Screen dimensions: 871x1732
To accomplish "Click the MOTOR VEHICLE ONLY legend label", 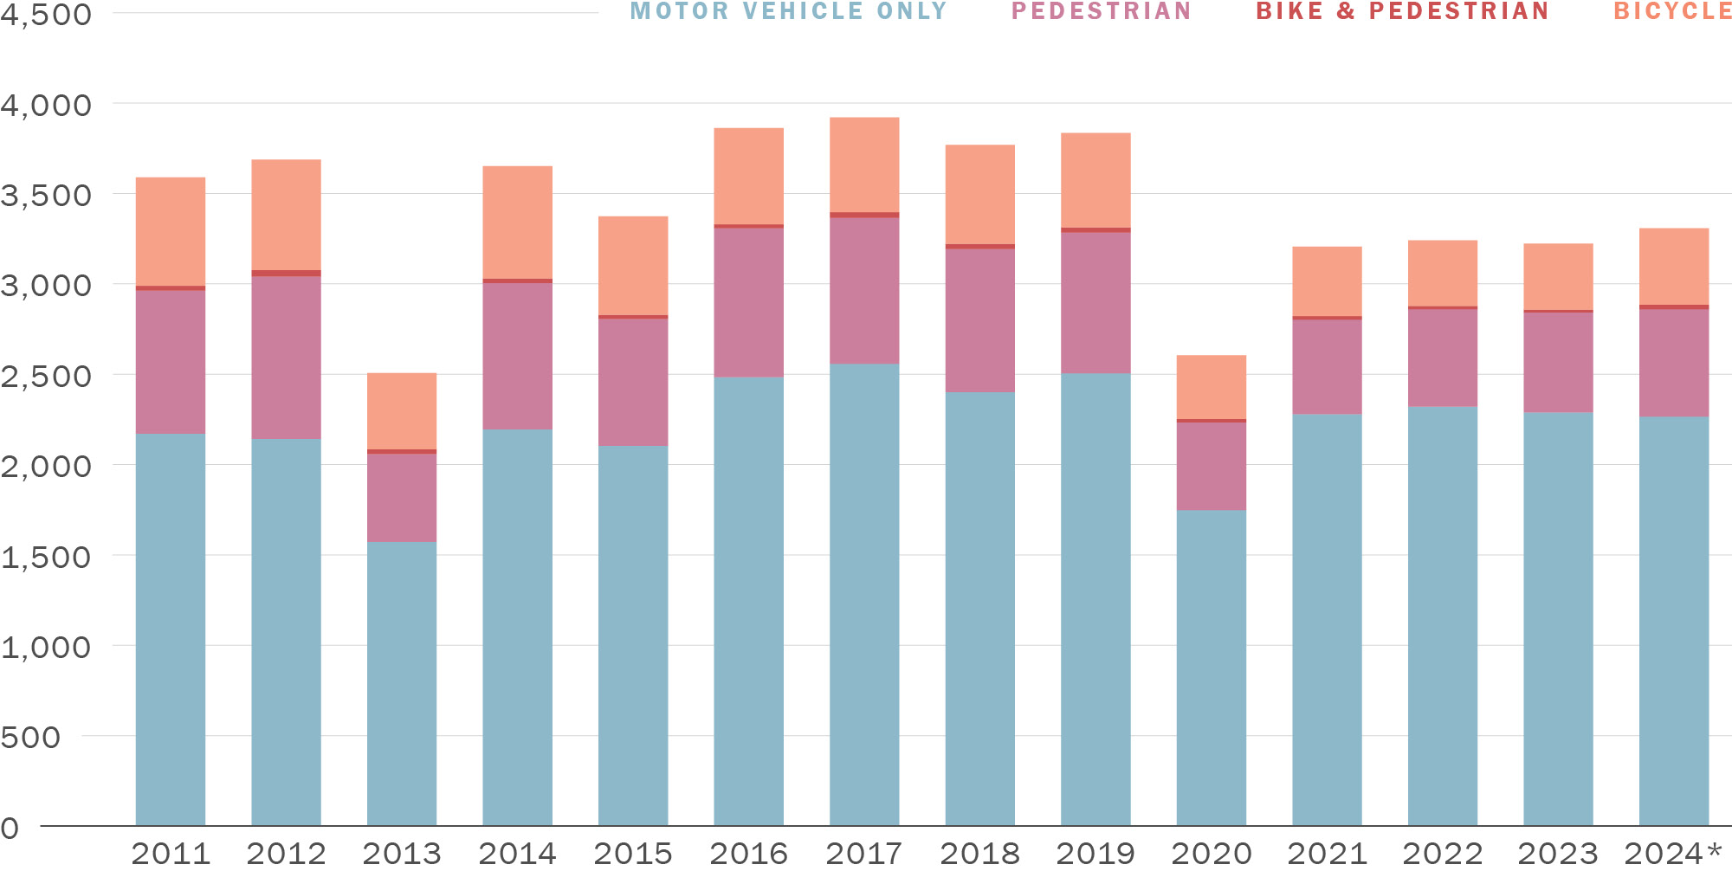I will (788, 11).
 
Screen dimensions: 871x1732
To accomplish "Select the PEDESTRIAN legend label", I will (1102, 11).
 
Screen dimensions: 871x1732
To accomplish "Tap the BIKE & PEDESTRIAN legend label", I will (1402, 11).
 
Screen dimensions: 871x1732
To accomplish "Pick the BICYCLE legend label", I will (1671, 11).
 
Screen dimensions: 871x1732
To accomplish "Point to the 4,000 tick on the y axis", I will (45, 106).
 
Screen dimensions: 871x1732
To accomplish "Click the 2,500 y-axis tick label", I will (45, 377).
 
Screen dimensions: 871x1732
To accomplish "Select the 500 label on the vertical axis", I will (30, 738).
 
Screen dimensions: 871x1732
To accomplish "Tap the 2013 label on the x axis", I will (402, 854).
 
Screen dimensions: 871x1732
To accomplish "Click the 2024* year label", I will (1673, 854).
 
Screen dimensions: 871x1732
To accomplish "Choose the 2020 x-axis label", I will (1211, 854).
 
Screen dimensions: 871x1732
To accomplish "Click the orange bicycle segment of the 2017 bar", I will (864, 165).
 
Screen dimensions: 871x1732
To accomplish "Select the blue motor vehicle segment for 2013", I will (402, 684).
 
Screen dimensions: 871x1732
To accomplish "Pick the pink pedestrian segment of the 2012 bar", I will (286, 357).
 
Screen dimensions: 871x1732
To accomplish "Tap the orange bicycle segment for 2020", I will (1211, 387).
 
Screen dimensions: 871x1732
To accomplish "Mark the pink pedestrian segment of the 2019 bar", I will (1095, 303).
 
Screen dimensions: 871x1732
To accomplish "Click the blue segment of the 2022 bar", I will (1442, 615).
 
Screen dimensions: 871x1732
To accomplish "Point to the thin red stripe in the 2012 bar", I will (286, 273).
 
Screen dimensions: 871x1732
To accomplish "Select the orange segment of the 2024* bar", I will (1673, 267).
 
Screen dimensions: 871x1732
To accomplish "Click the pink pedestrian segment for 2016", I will (748, 301).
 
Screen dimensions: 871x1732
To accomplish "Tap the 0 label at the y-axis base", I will (10, 828).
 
